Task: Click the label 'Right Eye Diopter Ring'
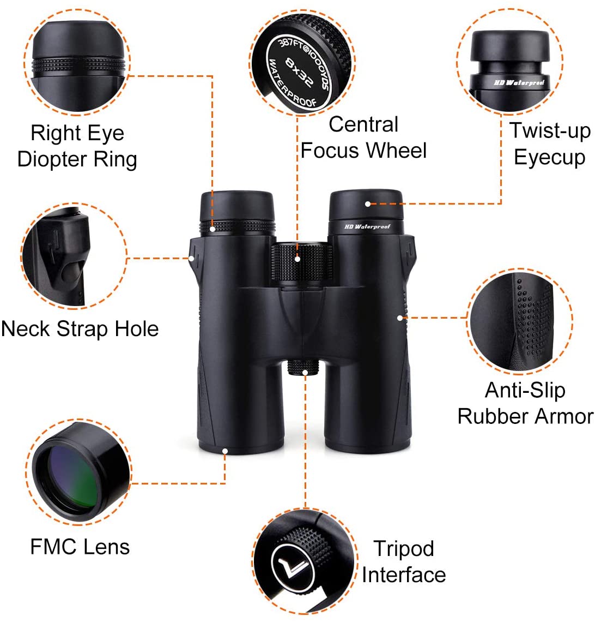pos(77,146)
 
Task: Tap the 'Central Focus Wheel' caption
pos(363,137)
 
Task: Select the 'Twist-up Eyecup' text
pos(549,144)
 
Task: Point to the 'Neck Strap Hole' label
pos(80,329)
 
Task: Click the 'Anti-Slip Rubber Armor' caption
pos(525,403)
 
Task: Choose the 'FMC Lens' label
pos(80,546)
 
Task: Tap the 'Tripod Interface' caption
pos(403,561)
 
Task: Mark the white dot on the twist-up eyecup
pos(368,204)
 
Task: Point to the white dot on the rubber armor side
pos(400,317)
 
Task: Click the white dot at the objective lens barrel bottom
pos(225,451)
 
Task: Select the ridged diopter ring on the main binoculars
pos(237,228)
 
